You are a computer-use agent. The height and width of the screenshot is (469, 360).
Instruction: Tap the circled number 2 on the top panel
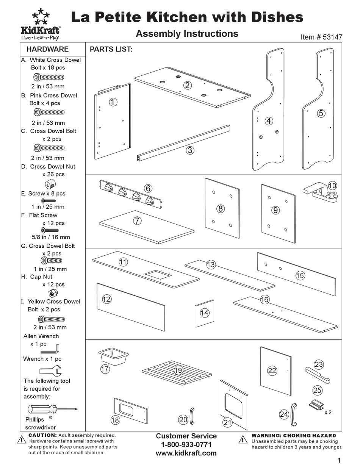[187, 85]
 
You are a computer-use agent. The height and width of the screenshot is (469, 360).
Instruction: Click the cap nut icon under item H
[50, 293]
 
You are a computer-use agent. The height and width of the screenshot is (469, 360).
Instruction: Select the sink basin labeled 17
[113, 356]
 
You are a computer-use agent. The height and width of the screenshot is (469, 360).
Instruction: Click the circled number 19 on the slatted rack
[178, 371]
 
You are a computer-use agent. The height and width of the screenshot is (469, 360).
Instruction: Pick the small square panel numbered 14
[205, 313]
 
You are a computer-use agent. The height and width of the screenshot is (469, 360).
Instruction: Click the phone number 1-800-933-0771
[186, 444]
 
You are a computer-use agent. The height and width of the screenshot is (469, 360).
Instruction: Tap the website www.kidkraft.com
[186, 453]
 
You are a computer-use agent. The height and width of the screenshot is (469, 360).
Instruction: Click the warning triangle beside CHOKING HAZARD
[243, 439]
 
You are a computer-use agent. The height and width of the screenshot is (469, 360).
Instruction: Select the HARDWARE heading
[48, 49]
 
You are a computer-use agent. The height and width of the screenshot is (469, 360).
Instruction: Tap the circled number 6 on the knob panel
[148, 188]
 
